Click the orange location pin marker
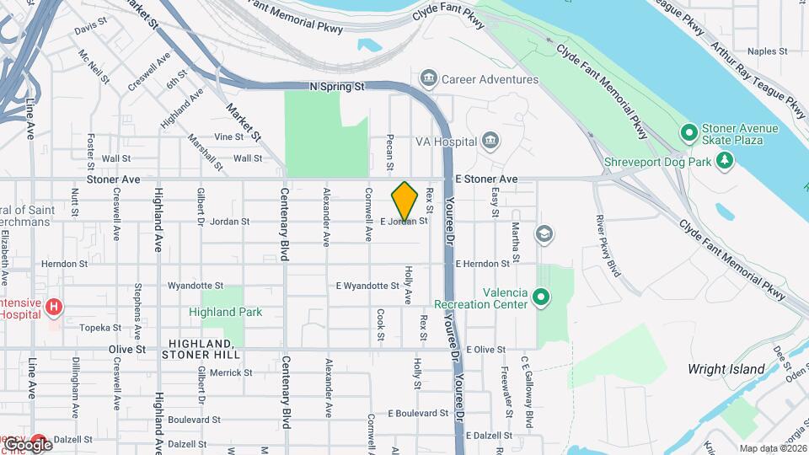pyautogui.click(x=404, y=201)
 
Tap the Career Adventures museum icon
pyautogui.click(x=429, y=79)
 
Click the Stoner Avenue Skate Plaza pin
pyautogui.click(x=688, y=133)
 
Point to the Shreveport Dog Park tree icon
pyautogui.click(x=724, y=160)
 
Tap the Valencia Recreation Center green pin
pyautogui.click(x=541, y=297)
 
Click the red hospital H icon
pyautogui.click(x=54, y=307)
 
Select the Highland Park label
pyautogui.click(x=225, y=312)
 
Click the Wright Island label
pyautogui.click(x=726, y=369)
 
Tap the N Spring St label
pyautogui.click(x=336, y=87)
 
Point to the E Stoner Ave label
pyautogui.click(x=486, y=179)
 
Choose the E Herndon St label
pyautogui.click(x=490, y=264)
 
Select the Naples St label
pyautogui.click(x=767, y=51)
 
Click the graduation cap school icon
pyautogui.click(x=544, y=233)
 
